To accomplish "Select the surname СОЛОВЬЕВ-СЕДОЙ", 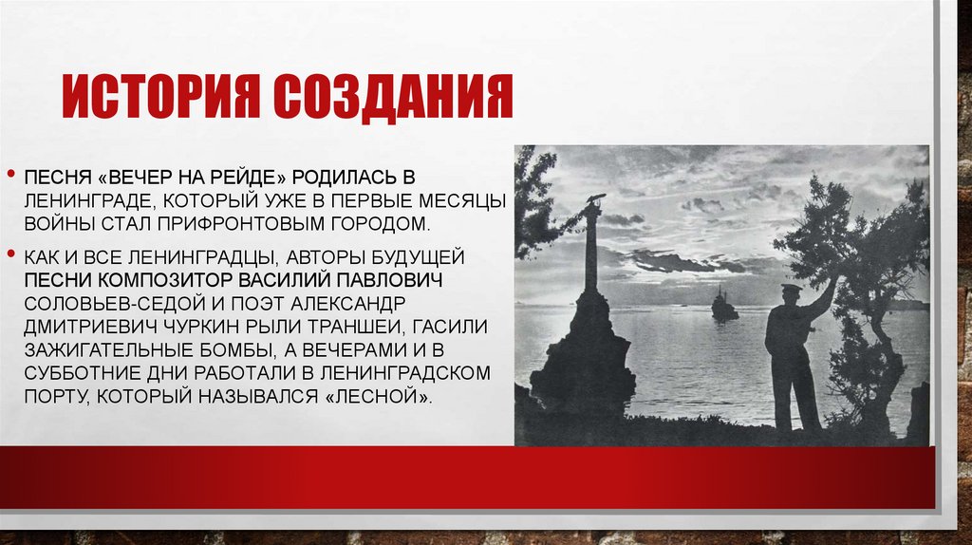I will (x=99, y=303).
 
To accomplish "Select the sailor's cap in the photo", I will (x=792, y=288).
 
